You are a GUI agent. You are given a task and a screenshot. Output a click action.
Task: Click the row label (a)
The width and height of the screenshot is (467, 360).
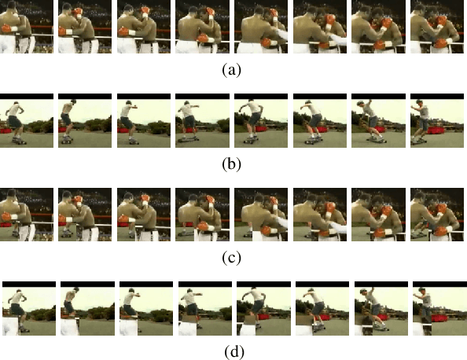tap(231, 70)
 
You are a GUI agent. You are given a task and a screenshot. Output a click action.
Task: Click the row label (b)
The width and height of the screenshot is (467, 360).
tap(231, 164)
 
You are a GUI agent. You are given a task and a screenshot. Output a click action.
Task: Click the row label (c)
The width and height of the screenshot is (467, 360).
tap(231, 258)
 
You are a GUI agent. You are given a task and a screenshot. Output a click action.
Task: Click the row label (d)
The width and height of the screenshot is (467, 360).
tap(231, 351)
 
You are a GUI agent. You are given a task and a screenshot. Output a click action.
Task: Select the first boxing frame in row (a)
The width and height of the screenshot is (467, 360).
tap(18, 27)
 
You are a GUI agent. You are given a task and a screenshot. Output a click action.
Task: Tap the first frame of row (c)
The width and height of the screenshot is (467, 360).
tap(18, 215)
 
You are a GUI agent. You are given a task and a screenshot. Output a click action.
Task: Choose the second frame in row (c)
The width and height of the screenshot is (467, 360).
tap(76, 215)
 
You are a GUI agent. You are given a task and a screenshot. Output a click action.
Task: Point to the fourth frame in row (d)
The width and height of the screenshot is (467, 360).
tap(196, 309)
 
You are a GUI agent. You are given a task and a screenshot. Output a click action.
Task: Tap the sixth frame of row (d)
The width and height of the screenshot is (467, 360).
tap(313, 309)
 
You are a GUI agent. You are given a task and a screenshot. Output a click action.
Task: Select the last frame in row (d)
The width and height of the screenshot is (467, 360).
tap(430, 309)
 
